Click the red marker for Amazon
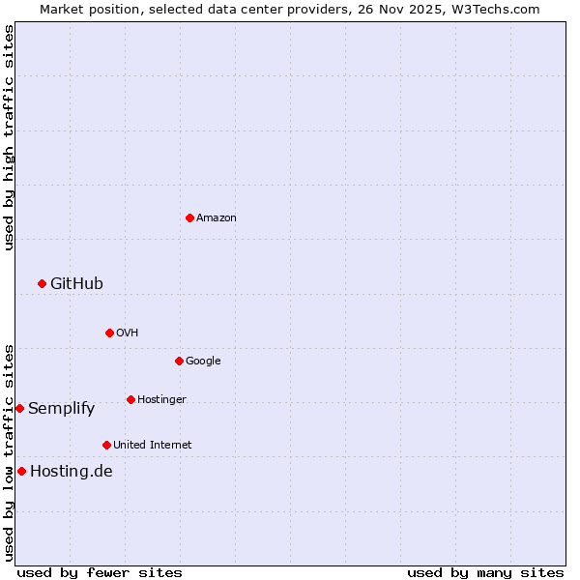point(189,217)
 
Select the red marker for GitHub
point(42,283)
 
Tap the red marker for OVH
point(109,333)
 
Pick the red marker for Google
point(179,361)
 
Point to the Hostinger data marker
point(130,399)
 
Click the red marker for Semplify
point(19,408)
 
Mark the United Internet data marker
point(106,445)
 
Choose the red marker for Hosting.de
point(21,471)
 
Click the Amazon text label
point(217,217)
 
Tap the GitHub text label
point(76,283)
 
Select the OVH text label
point(128,333)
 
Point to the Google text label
point(203,361)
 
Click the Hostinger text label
point(161,399)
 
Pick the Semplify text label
point(62,408)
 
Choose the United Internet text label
point(153,445)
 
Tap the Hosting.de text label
point(72,471)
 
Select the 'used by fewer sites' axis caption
point(100,572)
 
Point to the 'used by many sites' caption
point(485,572)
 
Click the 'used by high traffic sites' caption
point(9,137)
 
